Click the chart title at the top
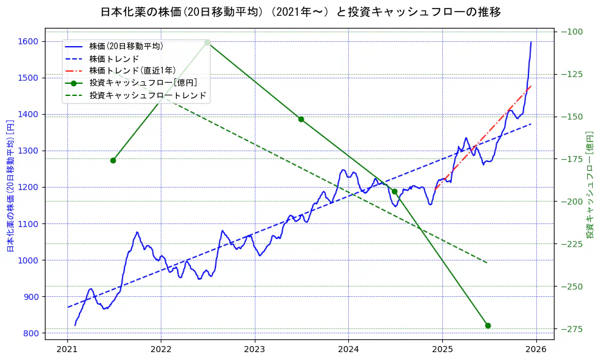[300, 12]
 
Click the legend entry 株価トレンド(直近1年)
[132, 70]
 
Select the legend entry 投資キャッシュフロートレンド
[147, 95]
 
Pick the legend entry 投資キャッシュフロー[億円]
[143, 83]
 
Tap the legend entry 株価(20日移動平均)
[126, 46]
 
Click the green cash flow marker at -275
[488, 325]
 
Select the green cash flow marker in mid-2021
[113, 160]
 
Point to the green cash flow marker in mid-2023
[301, 119]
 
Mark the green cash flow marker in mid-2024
[394, 191]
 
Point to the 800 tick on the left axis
[31, 333]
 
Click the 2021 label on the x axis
[67, 350]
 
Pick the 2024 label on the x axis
[348, 350]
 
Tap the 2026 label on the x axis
[536, 350]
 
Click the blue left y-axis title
[10, 186]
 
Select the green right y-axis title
[590, 185]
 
